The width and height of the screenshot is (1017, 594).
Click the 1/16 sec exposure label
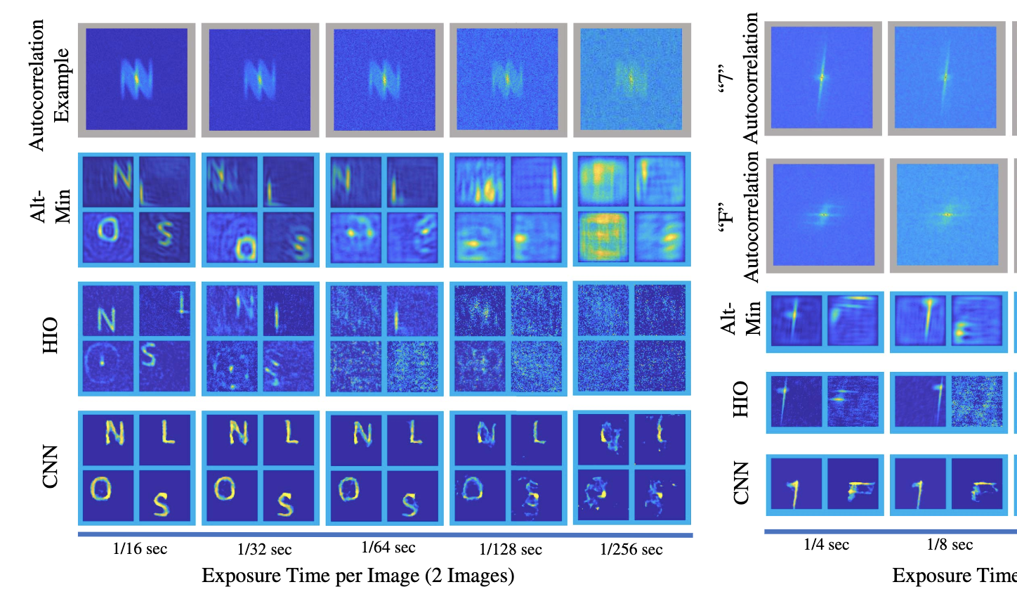[140, 549]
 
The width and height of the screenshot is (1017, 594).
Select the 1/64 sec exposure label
[388, 548]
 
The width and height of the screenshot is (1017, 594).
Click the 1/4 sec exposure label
[826, 545]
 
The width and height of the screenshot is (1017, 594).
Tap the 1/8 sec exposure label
[950, 545]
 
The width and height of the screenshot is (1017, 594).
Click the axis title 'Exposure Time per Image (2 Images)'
[358, 576]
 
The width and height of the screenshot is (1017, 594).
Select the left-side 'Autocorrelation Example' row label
[49, 84]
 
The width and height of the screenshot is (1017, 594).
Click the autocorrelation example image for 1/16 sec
[137, 79]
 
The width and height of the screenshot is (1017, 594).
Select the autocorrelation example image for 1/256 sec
[632, 79]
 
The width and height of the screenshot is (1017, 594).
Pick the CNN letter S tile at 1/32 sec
[289, 496]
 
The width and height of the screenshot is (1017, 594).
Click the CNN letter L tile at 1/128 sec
[536, 438]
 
